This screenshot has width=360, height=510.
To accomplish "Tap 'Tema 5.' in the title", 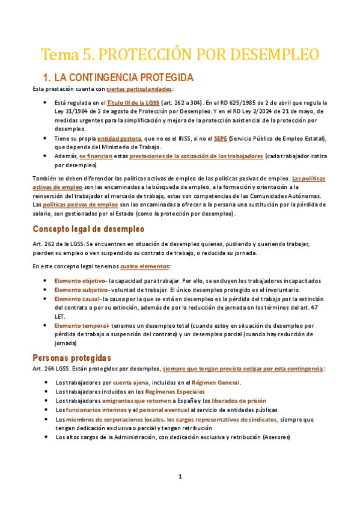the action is [x=66, y=54].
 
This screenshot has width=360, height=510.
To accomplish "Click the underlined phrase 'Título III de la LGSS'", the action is [x=133, y=103].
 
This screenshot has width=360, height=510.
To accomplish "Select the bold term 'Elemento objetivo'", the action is [x=80, y=281].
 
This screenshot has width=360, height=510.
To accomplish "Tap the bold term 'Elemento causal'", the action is [x=77, y=298].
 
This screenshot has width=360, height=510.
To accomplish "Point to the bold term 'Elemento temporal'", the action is [x=81, y=325].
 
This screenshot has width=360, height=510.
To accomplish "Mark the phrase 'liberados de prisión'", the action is [x=239, y=401].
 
